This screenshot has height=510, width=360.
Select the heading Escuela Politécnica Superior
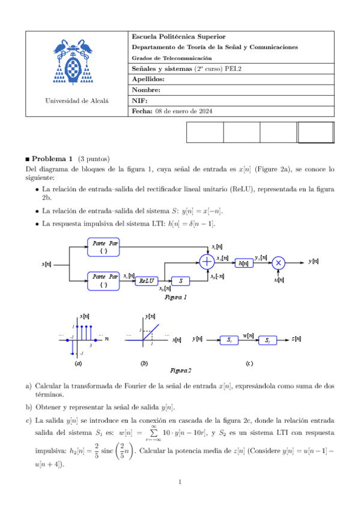click(x=169, y=37)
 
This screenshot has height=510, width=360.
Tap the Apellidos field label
click(x=148, y=79)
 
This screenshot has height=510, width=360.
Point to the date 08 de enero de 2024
click(x=184, y=112)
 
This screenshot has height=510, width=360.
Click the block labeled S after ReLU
click(x=180, y=281)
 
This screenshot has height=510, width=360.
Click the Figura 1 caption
click(x=175, y=297)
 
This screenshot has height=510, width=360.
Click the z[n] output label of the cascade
click(x=296, y=339)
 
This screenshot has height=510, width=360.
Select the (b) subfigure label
click(x=144, y=363)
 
